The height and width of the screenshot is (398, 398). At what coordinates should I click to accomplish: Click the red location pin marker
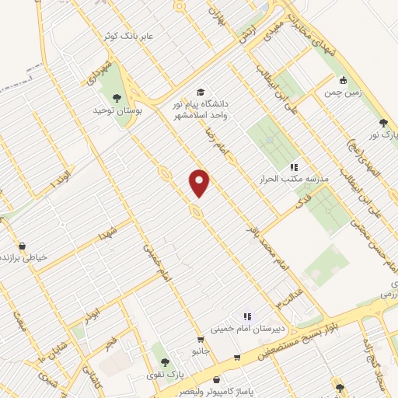200,182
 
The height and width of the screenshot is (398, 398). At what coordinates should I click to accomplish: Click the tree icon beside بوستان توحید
117,98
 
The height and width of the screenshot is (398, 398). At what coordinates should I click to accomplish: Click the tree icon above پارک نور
382,122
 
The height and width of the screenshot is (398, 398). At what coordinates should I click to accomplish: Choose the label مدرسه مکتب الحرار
295,179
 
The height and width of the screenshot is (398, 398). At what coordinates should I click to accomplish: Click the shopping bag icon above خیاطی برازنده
22,246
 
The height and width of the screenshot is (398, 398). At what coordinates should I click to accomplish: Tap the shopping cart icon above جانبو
201,340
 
